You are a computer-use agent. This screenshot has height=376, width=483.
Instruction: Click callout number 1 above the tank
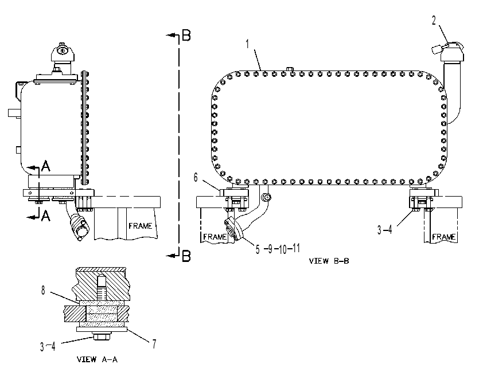[247, 44]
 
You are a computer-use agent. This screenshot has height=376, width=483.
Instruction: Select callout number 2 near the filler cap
[434, 21]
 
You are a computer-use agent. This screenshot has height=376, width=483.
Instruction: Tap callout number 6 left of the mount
[196, 177]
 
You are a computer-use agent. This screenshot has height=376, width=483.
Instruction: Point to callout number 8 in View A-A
[43, 290]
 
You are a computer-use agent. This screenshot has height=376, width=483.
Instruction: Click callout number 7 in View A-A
[154, 344]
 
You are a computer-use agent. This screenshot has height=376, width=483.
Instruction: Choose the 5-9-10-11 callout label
[278, 249]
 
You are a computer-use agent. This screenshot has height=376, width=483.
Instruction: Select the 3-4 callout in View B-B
[385, 229]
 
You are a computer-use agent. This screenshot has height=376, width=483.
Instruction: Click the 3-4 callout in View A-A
[48, 346]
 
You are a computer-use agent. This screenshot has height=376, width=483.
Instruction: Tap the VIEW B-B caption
[329, 261]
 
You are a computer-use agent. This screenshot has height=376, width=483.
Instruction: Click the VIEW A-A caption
[97, 359]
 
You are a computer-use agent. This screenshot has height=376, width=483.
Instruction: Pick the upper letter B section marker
[186, 35]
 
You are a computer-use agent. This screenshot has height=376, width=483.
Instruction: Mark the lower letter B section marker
[186, 256]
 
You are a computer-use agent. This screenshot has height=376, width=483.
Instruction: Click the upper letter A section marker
[45, 166]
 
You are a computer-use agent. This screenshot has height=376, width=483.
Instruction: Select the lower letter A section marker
[45, 216]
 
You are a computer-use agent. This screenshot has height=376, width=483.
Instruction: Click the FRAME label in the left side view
[141, 226]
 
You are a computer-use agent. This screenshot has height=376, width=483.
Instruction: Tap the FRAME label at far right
[444, 237]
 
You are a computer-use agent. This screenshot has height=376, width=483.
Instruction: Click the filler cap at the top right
[452, 51]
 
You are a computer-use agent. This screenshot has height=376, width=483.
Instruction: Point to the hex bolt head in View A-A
[102, 336]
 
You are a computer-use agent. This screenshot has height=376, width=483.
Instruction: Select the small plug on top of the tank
[290, 69]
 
